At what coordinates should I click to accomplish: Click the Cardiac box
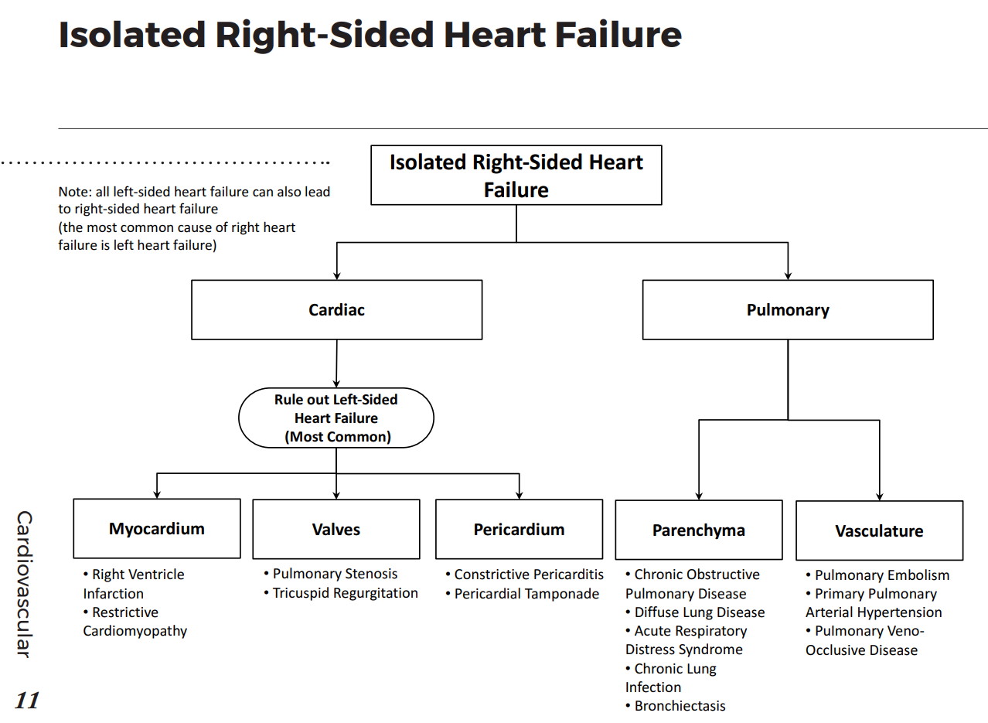point(336,310)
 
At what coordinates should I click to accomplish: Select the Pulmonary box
point(787,310)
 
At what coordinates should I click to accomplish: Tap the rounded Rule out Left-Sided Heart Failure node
point(336,418)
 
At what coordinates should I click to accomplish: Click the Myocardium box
point(157,529)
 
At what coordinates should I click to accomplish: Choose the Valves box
point(336,530)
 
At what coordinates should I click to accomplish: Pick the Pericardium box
point(519,530)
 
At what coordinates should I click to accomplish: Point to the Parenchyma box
point(698,530)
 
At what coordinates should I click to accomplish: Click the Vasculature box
point(879,531)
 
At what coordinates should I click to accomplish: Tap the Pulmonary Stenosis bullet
point(334,574)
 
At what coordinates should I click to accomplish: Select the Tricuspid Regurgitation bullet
point(344,593)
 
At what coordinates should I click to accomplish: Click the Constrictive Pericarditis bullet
point(528,575)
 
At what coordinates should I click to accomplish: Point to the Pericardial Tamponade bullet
point(526,594)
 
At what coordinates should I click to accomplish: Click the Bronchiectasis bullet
point(679,705)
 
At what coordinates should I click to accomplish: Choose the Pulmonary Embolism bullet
point(881,575)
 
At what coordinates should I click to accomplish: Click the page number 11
point(27,701)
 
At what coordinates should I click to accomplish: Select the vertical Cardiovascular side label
point(25,584)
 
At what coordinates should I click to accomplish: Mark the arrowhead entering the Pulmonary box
point(788,275)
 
